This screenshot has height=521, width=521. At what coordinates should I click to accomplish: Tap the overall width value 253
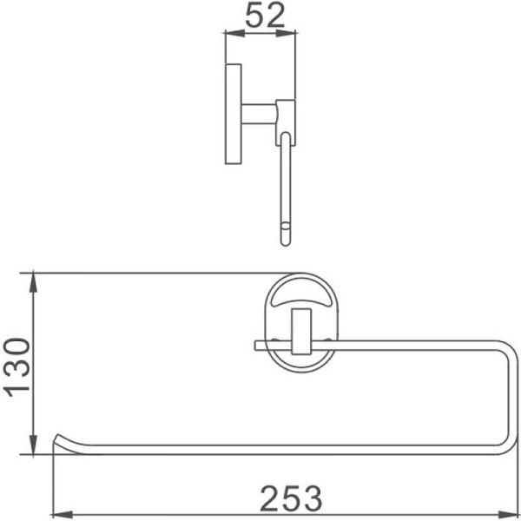point(291,498)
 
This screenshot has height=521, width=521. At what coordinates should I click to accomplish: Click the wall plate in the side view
point(233,114)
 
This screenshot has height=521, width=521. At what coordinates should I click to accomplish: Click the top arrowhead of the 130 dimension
point(34,280)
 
